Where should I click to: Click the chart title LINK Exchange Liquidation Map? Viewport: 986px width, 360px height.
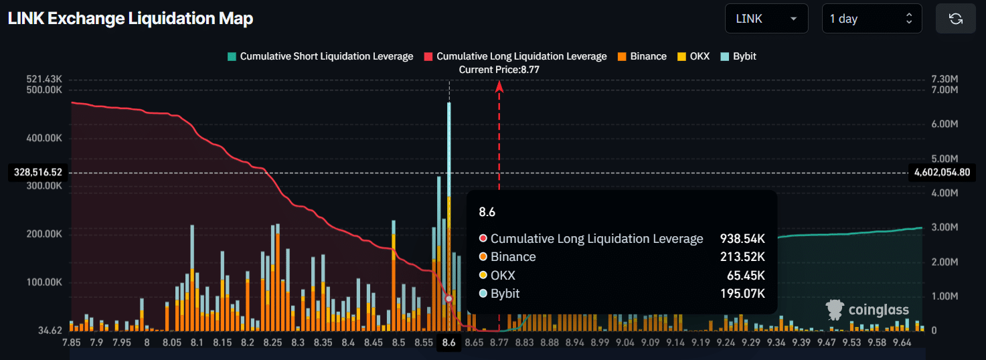click(131, 19)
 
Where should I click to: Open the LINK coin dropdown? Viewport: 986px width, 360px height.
click(766, 19)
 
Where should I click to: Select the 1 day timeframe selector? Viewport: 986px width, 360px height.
click(871, 19)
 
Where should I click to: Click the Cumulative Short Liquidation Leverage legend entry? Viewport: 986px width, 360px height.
click(321, 56)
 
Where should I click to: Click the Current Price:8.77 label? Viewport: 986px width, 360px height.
click(499, 70)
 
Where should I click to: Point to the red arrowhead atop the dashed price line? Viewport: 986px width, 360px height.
click(499, 85)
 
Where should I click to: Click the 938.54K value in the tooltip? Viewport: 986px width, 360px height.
click(742, 239)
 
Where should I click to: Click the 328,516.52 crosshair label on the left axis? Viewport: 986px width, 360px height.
click(37, 173)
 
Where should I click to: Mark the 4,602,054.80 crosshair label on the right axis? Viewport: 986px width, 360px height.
click(941, 173)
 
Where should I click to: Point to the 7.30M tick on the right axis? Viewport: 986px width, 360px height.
click(945, 79)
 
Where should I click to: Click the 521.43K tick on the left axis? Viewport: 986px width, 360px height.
click(44, 79)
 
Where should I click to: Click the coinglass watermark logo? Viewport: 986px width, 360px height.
click(868, 310)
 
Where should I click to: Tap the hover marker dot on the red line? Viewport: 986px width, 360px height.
click(449, 299)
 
